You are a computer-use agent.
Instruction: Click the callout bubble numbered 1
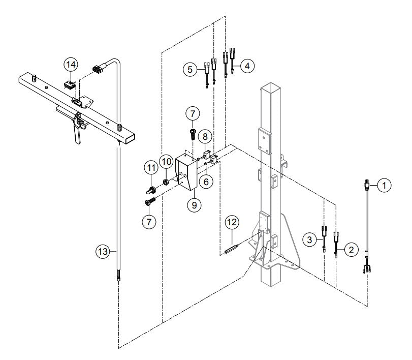(385, 186)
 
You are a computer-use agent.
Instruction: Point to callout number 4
(247, 66)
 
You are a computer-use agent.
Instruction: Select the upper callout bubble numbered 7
(194, 113)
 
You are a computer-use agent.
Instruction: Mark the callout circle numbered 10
(151, 166)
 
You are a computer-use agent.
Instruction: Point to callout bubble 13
(71, 65)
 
